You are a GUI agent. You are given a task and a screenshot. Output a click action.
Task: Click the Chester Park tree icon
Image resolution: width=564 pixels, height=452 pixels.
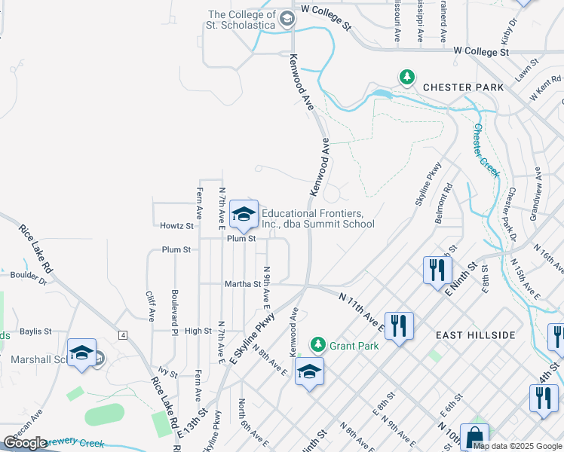(x=407, y=77)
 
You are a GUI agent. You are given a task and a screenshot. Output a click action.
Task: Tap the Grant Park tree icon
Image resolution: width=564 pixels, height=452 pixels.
(x=318, y=344)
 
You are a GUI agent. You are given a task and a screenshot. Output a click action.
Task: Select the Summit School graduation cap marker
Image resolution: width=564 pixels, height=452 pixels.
(x=244, y=215)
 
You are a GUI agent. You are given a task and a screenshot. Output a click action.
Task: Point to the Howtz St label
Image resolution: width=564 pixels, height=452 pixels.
(x=177, y=225)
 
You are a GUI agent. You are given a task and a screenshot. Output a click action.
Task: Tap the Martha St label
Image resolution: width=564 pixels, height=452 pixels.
(x=242, y=284)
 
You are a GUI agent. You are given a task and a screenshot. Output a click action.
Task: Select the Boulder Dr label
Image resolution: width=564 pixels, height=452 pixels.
(x=27, y=282)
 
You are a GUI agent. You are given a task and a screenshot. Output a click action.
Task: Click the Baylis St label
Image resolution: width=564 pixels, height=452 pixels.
(x=35, y=331)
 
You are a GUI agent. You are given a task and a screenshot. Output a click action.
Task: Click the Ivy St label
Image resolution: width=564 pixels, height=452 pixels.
(x=167, y=373)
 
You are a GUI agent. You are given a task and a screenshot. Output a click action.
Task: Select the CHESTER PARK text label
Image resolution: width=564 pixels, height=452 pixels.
(x=463, y=87)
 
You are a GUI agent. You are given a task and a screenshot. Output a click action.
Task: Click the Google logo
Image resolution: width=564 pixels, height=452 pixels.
(x=25, y=443)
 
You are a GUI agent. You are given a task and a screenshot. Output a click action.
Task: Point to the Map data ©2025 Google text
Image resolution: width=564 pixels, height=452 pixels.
(x=517, y=446)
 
